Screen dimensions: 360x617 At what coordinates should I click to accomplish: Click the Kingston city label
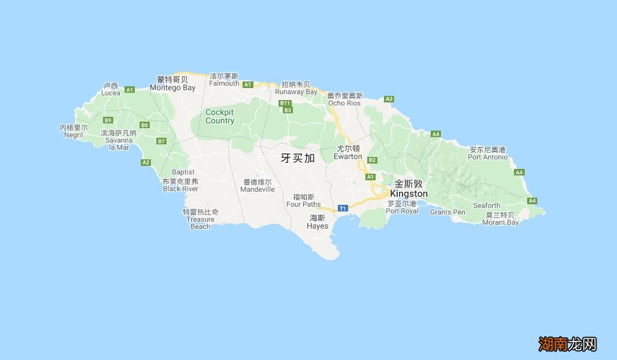coord(409,194)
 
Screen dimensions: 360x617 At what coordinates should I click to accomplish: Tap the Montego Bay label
coord(173,87)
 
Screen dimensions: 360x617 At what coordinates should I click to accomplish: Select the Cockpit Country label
coord(220,116)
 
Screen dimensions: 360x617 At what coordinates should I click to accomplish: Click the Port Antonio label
coord(488,157)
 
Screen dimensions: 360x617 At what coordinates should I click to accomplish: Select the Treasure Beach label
coord(200,219)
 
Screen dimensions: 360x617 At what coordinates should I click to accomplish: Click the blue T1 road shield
coord(343,208)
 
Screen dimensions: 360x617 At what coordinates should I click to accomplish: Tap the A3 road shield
coord(389,99)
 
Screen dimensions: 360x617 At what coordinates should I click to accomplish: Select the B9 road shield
coord(108,120)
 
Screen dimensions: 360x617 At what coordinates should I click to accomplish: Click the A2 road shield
coord(146,162)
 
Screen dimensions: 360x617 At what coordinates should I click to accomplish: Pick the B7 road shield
coord(161,141)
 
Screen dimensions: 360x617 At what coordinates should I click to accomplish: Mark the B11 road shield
coord(285,103)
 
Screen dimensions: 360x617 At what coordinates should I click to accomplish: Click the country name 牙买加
coord(298,158)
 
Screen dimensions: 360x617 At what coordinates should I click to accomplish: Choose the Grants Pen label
coord(447,212)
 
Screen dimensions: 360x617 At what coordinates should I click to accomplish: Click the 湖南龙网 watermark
coord(567,344)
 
